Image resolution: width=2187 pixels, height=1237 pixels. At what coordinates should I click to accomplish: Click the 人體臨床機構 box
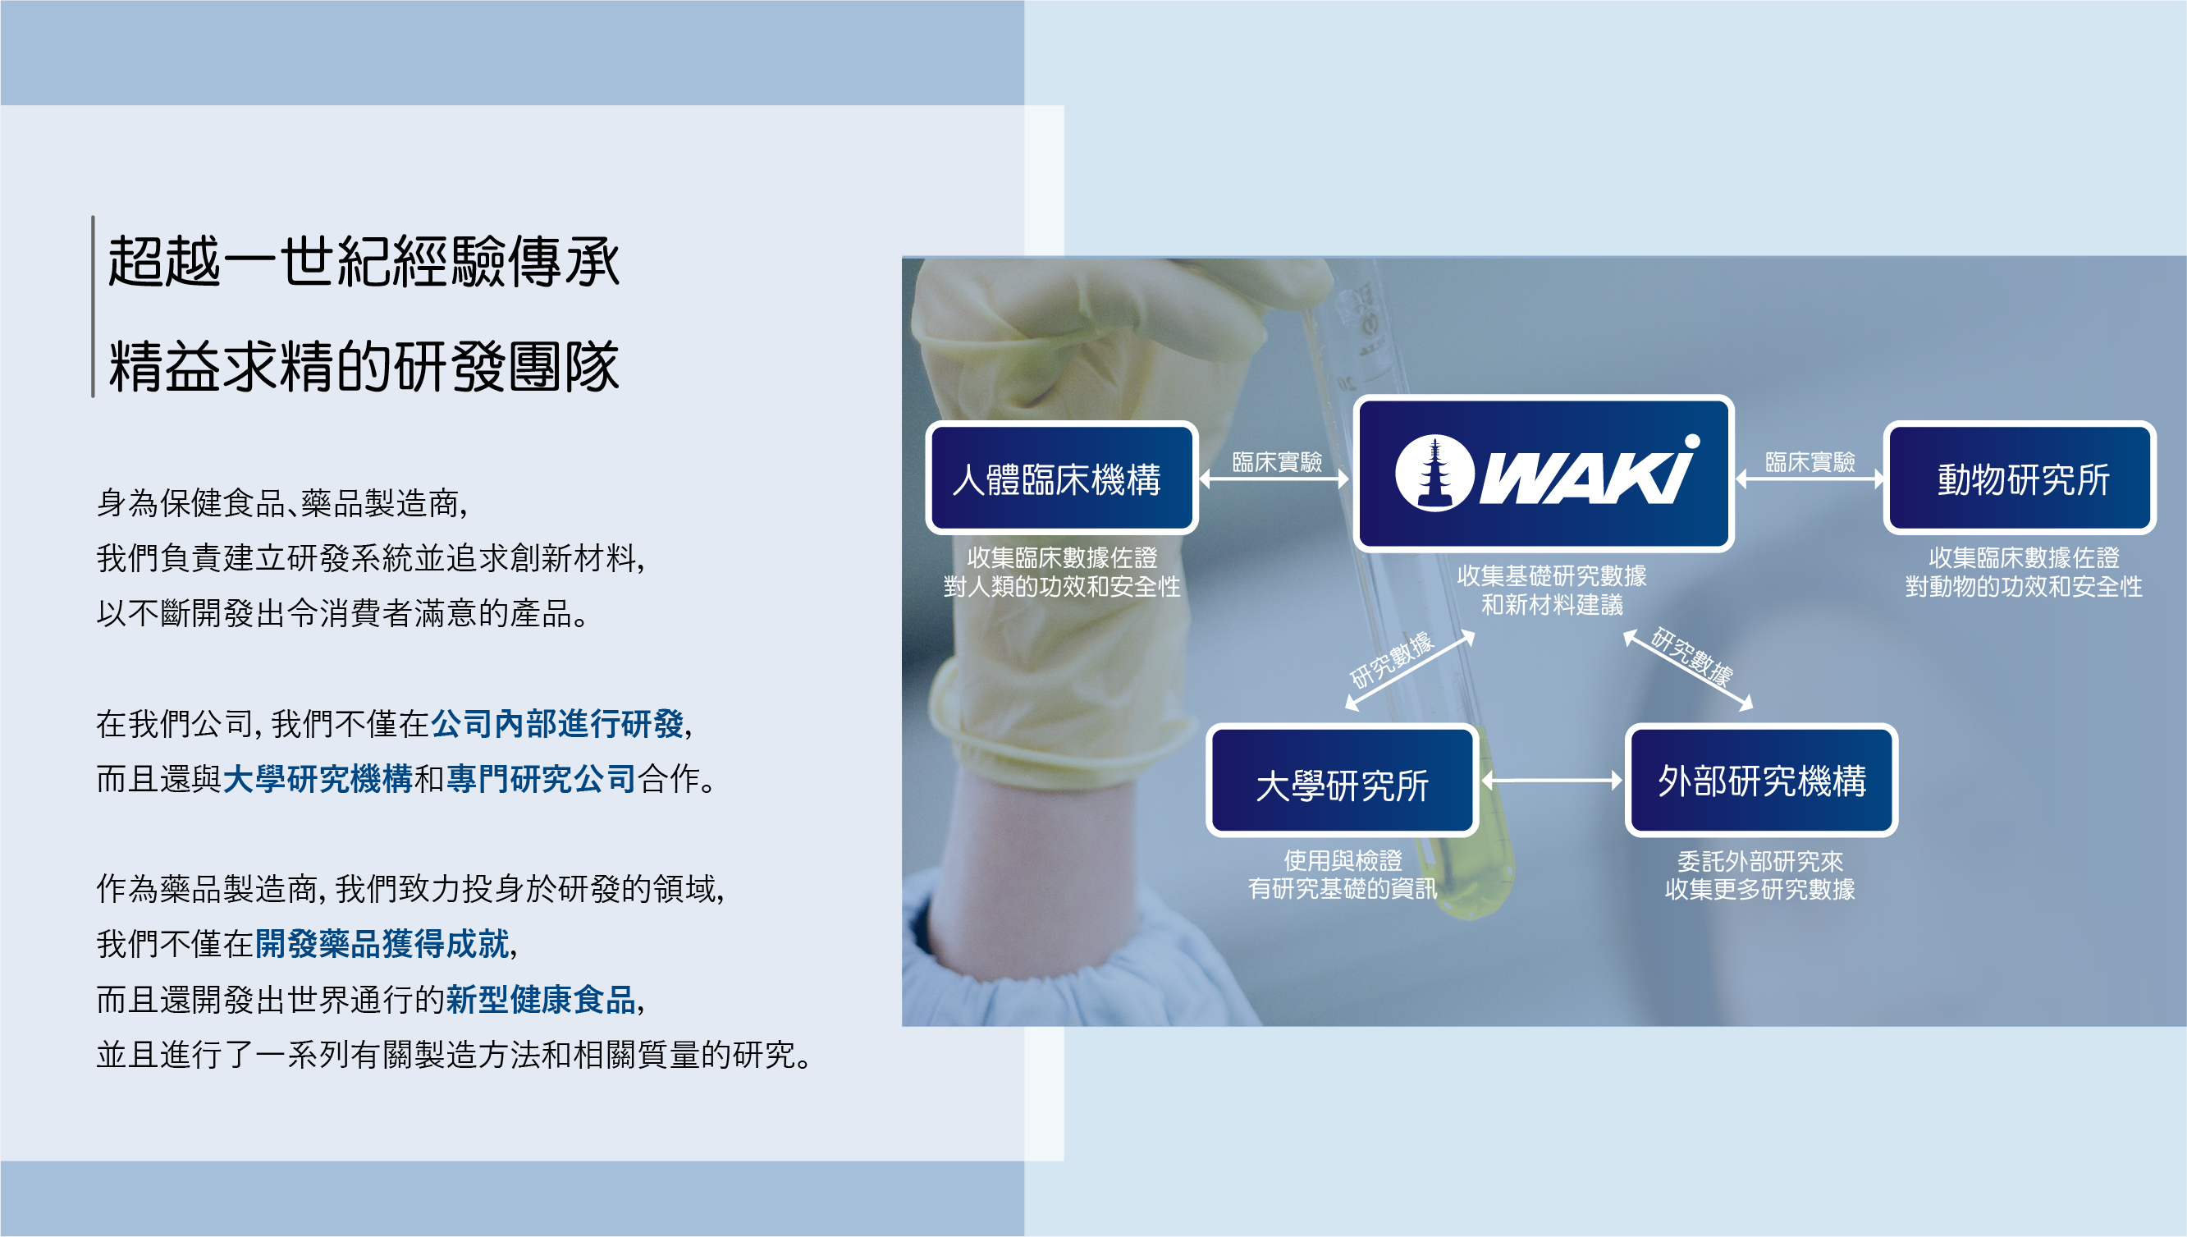click(1061, 479)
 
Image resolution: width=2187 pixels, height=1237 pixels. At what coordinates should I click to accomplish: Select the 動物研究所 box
click(2020, 479)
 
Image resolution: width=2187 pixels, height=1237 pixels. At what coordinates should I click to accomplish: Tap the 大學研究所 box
click(1342, 782)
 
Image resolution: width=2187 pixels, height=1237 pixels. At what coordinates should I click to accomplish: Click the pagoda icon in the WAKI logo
click(1434, 474)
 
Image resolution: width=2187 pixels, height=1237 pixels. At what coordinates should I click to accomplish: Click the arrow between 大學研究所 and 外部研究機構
click(1552, 780)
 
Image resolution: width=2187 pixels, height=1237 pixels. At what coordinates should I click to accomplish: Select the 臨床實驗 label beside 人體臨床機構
click(1277, 461)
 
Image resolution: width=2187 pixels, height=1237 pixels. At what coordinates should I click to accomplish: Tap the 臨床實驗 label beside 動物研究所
click(1809, 461)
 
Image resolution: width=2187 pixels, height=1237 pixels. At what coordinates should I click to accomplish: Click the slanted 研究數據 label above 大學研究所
click(1391, 660)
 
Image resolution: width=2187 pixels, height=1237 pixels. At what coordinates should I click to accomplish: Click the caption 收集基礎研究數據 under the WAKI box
click(1552, 575)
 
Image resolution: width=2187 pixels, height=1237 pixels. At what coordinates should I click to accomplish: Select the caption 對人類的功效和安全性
click(1062, 586)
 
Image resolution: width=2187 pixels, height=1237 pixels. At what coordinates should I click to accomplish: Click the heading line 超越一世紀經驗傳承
click(364, 262)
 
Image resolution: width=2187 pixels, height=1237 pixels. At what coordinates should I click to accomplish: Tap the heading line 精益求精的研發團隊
click(364, 367)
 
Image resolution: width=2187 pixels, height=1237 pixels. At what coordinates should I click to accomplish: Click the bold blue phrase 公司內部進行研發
click(557, 724)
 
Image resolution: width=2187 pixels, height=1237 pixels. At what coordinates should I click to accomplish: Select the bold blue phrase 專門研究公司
click(541, 778)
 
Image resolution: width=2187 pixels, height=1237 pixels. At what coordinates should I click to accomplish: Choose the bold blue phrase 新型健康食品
click(541, 999)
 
